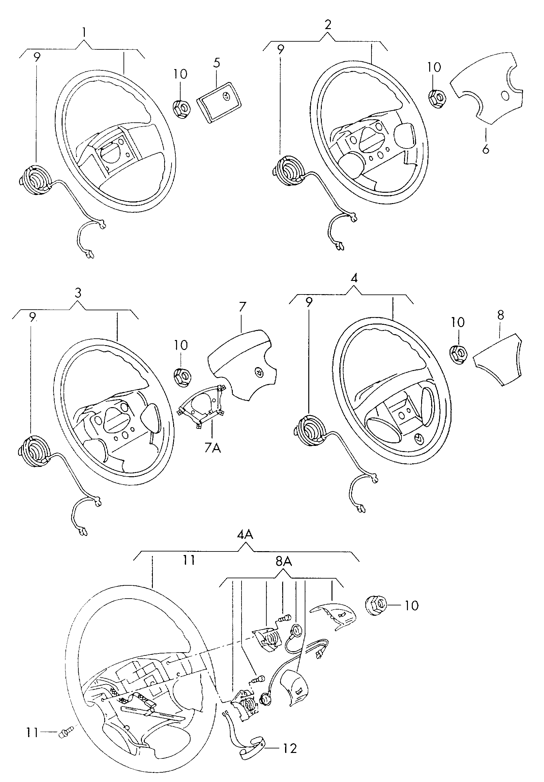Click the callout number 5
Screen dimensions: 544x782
click(217, 63)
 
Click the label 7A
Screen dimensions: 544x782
click(213, 448)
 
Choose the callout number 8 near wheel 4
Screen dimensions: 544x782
click(500, 315)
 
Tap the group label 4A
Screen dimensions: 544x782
click(245, 535)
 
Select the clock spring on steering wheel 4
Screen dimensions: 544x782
click(310, 429)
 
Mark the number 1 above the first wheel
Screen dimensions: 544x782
click(84, 33)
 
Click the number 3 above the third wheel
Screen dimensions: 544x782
click(78, 293)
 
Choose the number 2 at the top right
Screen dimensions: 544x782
click(328, 25)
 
